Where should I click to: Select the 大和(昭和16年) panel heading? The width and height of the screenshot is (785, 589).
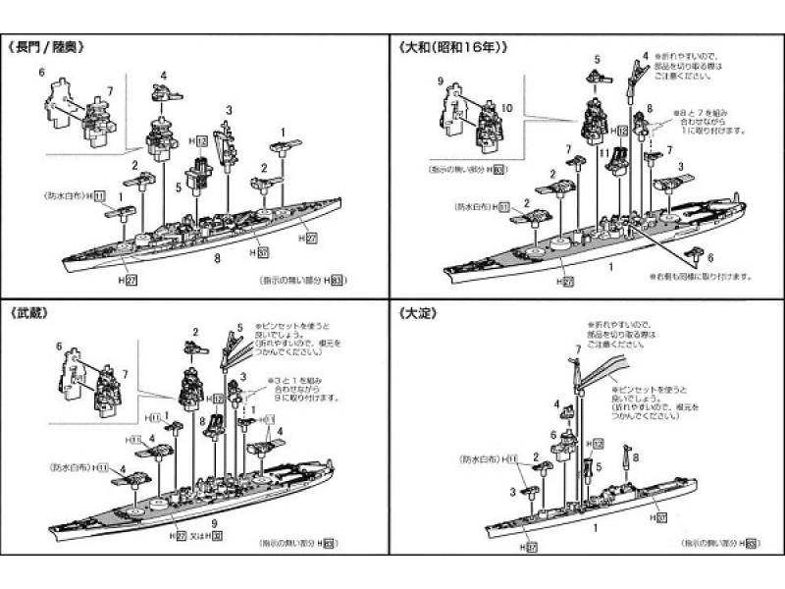click(452, 46)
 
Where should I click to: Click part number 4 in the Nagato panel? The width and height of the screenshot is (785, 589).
click(164, 75)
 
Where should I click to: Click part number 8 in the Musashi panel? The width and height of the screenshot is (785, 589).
click(200, 423)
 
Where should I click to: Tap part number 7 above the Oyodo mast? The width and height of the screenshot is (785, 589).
click(577, 350)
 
